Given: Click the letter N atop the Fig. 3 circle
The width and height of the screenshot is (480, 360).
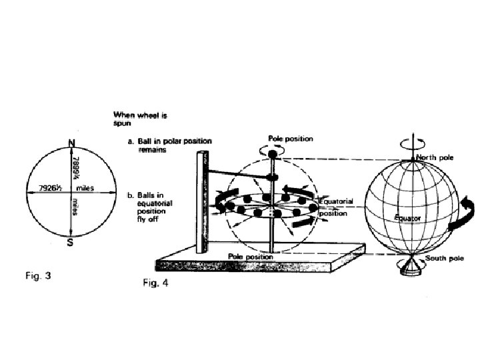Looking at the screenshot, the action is click(70, 142).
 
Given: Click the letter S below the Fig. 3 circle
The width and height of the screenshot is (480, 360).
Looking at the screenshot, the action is click(70, 243).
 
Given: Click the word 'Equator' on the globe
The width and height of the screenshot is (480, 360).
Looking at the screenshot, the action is click(407, 217).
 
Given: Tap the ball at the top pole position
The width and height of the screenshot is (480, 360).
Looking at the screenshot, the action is click(273, 155).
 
